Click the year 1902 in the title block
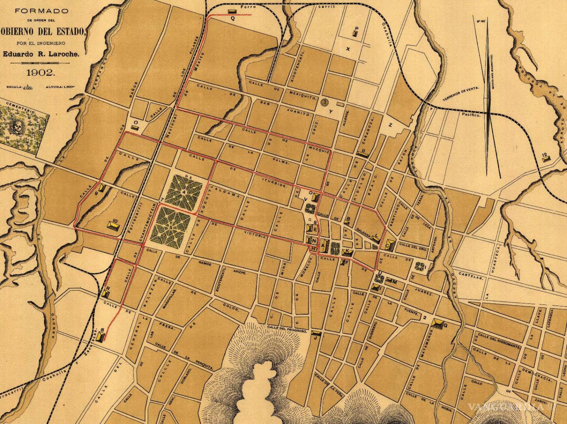(41, 72)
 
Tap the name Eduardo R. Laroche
(41, 54)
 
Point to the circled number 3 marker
(325, 102)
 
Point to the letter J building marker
(316, 337)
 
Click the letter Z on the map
(391, 125)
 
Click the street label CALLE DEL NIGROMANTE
(497, 341)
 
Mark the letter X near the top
(348, 49)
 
